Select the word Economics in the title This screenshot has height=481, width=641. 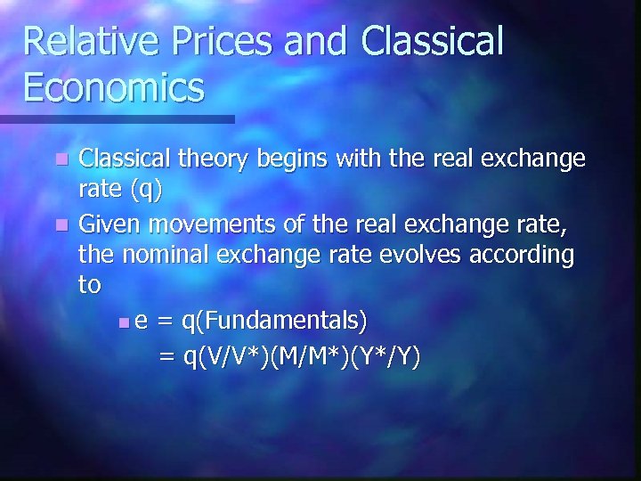point(114,87)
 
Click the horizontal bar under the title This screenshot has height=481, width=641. point(117,118)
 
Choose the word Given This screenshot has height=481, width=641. point(107,224)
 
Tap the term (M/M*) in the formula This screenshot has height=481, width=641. point(308,356)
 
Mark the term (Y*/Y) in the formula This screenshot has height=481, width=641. point(385,356)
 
